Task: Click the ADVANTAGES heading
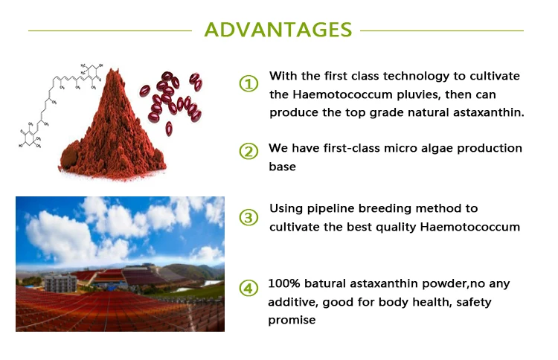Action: (x=278, y=30)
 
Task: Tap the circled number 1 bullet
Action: (x=248, y=83)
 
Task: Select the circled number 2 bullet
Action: (x=248, y=151)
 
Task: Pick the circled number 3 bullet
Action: (x=248, y=217)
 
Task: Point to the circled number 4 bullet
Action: (x=248, y=288)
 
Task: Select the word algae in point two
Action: (x=437, y=149)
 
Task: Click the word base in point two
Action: (x=282, y=167)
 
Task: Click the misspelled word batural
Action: (x=325, y=283)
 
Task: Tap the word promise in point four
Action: (x=292, y=321)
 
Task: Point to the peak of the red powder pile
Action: (x=113, y=70)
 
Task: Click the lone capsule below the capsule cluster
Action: (x=169, y=129)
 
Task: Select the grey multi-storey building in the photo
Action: (x=60, y=283)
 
